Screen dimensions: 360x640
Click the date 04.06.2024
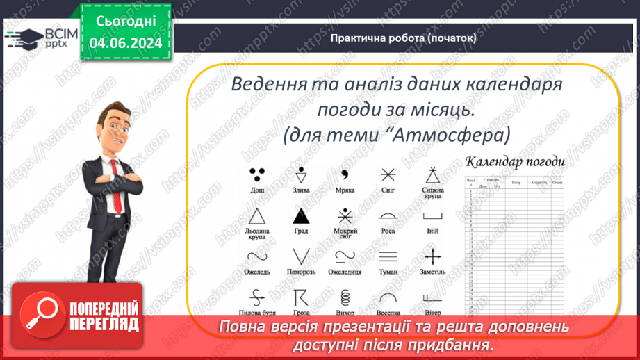(126, 44)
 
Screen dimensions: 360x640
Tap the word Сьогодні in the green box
(126, 22)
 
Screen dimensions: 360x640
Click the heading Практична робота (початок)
(404, 38)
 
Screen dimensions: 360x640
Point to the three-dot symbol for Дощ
(257, 173)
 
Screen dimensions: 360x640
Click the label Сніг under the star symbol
(388, 190)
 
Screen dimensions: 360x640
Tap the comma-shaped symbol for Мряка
(344, 174)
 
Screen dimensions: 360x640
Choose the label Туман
(388, 272)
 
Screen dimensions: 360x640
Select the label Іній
(432, 231)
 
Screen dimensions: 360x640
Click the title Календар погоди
(515, 163)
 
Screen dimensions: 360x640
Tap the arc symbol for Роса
(388, 216)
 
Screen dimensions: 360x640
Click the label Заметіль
(432, 272)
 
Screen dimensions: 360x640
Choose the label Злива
(300, 190)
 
